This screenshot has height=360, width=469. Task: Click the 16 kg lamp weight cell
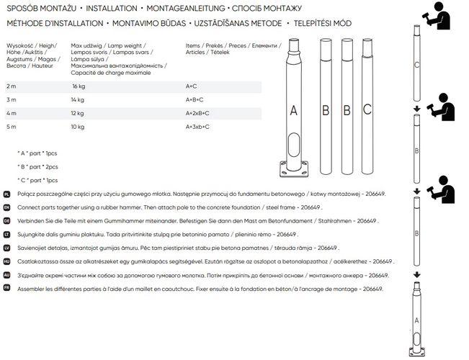pyautogui.click(x=79, y=86)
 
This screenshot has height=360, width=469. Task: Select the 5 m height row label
pyautogui.click(x=11, y=127)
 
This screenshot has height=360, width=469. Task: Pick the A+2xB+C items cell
pyautogui.click(x=197, y=113)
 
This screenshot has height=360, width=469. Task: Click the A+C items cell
pyautogui.click(x=191, y=86)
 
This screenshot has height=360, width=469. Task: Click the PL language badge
pyautogui.click(x=6, y=194)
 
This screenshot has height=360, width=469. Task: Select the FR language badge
pyautogui.click(x=6, y=289)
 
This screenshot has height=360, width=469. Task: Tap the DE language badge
pyautogui.click(x=6, y=222)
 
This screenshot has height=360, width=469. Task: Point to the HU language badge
pyautogui.click(x=6, y=262)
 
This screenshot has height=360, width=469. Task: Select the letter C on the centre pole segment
pyautogui.click(x=367, y=110)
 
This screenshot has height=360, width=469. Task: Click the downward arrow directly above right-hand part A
pyautogui.click(x=417, y=275)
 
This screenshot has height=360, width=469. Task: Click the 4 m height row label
pyautogui.click(x=11, y=113)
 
